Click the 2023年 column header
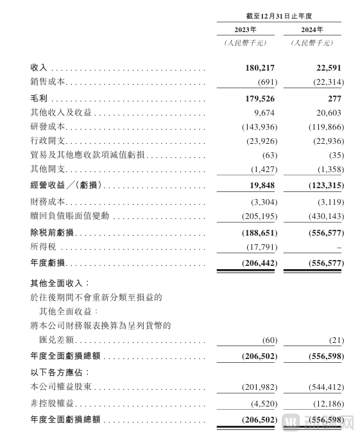pos(244,30)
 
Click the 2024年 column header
pos(311,30)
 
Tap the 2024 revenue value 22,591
pos(328,68)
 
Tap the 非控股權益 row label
pos(53,404)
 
